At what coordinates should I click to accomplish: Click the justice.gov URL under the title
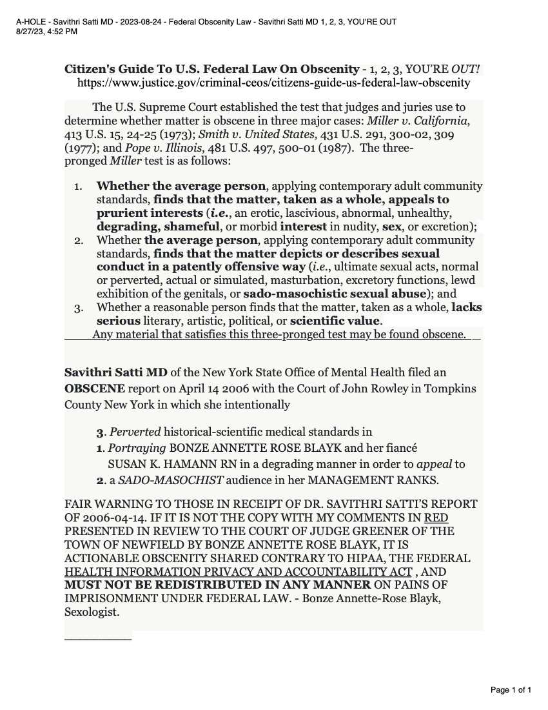pos(273,83)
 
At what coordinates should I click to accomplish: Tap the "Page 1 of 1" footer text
pos(511,690)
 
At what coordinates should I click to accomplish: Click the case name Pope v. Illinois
pos(155,148)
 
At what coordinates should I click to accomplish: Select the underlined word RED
pos(436,518)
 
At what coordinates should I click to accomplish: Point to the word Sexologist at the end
pos(92,612)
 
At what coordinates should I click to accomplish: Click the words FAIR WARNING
pos(103,504)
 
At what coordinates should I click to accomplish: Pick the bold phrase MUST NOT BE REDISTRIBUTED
pos(218,585)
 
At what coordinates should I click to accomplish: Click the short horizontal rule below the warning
pos(98,638)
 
